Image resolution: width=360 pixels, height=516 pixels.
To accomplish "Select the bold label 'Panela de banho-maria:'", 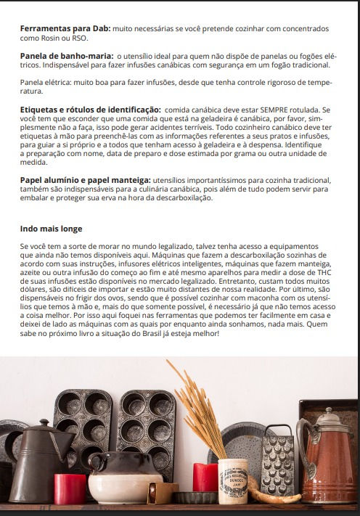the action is point(65,56).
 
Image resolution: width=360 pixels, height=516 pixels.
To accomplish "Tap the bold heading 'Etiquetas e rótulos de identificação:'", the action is point(91,109).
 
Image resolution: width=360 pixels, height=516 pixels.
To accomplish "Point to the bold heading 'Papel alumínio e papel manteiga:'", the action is point(86,179).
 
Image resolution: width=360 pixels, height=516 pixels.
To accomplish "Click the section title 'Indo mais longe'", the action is point(51,229).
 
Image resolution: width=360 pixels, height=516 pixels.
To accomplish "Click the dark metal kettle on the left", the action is point(36,464).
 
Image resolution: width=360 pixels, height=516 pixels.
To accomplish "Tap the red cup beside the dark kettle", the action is point(70,488).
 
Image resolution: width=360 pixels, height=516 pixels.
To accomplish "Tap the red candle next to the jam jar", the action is point(205,477).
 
